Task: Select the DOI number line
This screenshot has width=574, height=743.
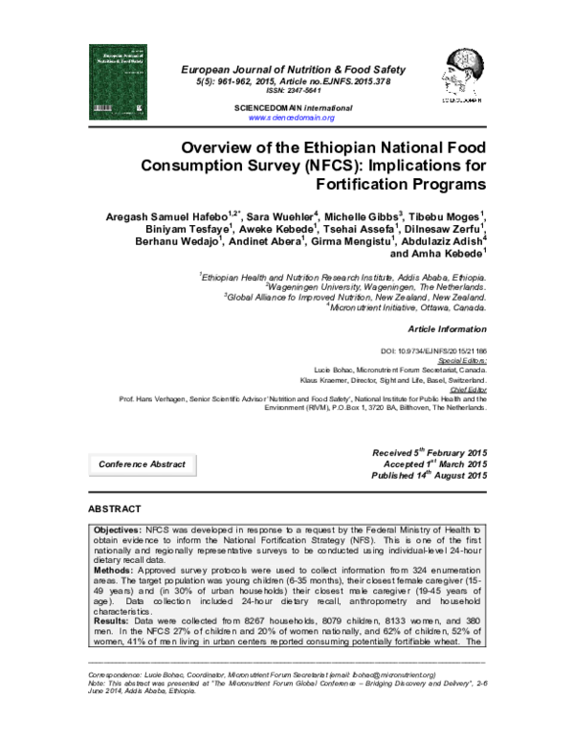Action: [447, 350]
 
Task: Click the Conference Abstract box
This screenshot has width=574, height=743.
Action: [142, 463]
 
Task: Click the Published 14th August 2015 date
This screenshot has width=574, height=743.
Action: [429, 476]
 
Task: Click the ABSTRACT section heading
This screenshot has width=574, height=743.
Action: [114, 507]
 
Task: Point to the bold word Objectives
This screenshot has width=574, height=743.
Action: [117, 529]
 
